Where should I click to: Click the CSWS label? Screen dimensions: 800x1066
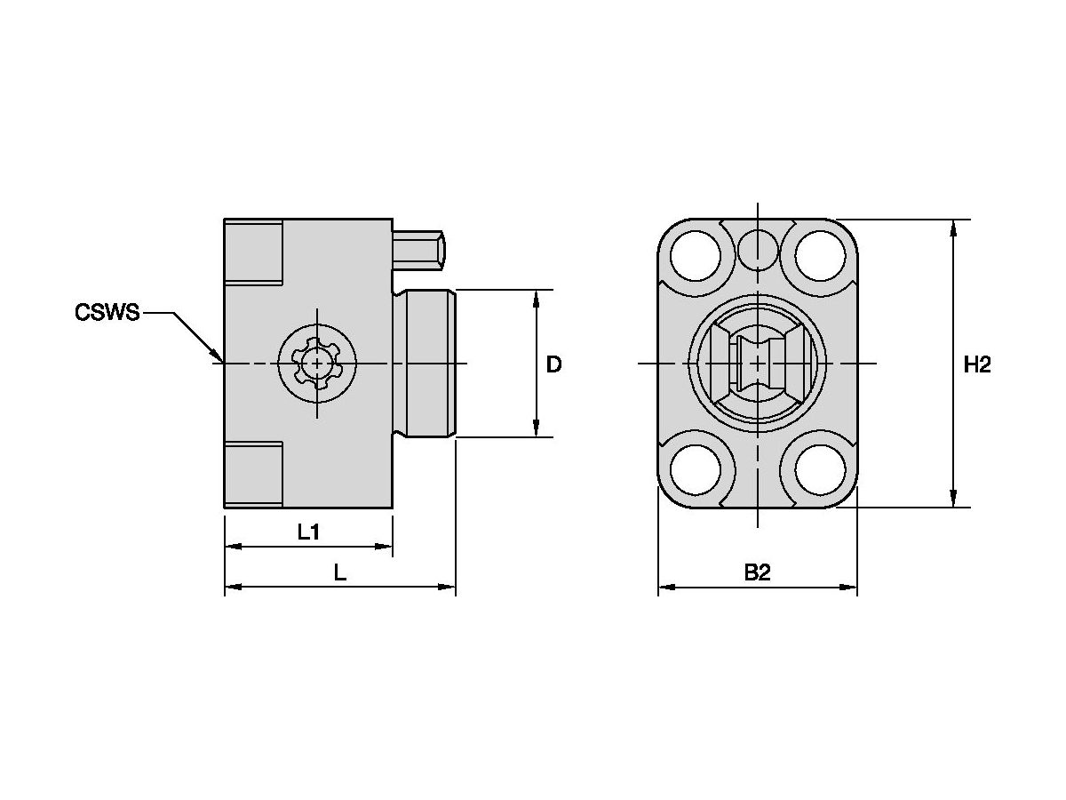coord(107,313)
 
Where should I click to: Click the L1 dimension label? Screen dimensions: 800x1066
coord(308,532)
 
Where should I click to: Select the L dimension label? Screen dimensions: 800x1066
coord(339,573)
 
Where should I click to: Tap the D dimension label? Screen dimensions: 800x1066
coord(553,364)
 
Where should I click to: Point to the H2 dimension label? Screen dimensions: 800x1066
coord(976,364)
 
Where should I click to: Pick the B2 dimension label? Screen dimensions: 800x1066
coord(757,573)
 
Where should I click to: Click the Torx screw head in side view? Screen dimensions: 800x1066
coord(317,363)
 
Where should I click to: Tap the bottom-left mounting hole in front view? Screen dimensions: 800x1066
coord(696,470)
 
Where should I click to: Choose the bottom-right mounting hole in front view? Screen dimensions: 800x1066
coord(818,470)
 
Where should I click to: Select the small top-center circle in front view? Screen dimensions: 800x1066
coord(757,248)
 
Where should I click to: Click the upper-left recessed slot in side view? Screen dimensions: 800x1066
coord(254,252)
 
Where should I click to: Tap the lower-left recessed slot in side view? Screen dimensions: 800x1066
coord(254,474)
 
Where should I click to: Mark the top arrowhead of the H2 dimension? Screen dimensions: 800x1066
coord(954,228)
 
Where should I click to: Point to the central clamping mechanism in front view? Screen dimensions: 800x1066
coord(757,364)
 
